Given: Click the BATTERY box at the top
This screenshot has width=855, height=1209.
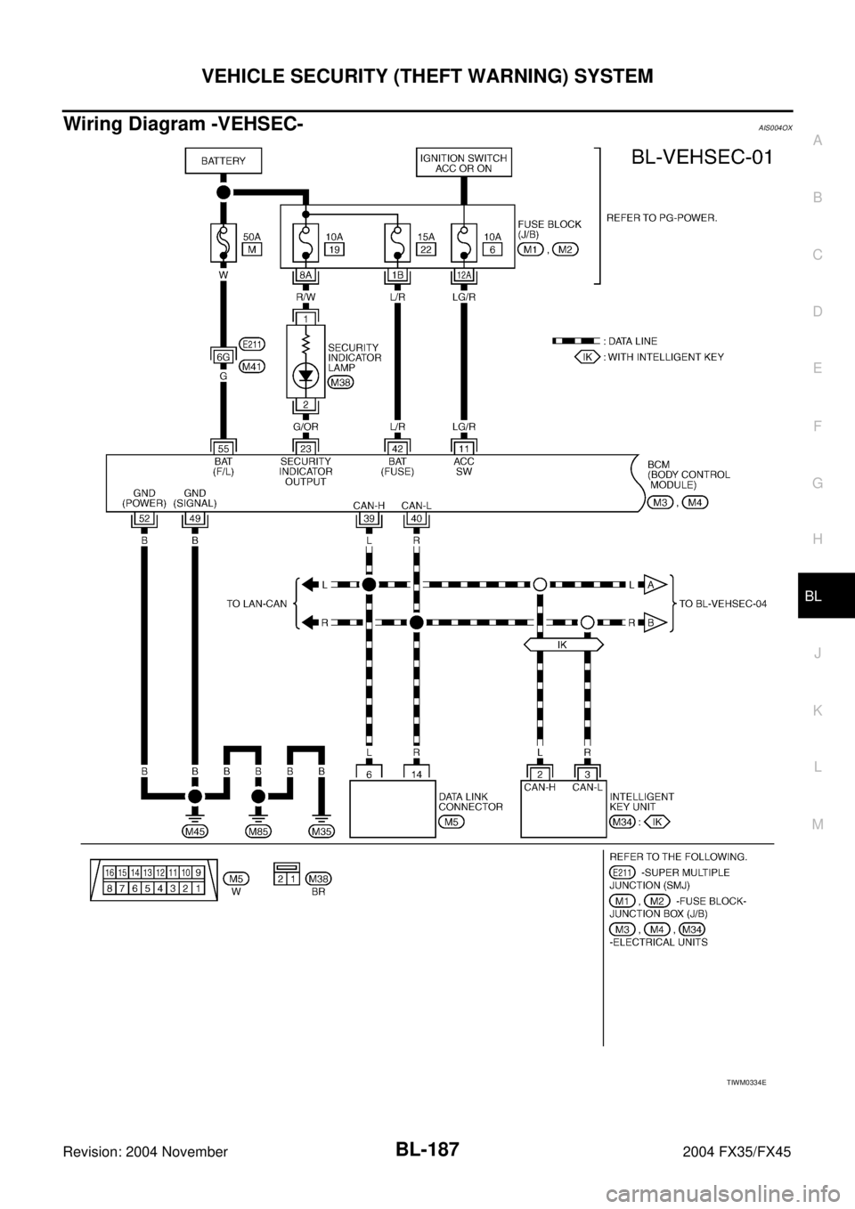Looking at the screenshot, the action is pyautogui.click(x=224, y=161).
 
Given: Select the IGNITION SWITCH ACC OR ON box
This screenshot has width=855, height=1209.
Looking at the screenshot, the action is pyautogui.click(x=464, y=162).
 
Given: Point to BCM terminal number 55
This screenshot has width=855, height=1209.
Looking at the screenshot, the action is pyautogui.click(x=223, y=448).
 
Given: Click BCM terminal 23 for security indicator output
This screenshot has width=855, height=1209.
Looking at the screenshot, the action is pyautogui.click(x=305, y=448).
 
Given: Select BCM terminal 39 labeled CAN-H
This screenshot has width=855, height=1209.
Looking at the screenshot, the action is pyautogui.click(x=369, y=519).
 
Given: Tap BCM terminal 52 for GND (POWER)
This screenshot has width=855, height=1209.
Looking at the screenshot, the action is pyautogui.click(x=144, y=519).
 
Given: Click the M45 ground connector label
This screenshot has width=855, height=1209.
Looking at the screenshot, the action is pyautogui.click(x=195, y=832).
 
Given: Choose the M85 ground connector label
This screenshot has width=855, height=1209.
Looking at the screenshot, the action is pyautogui.click(x=258, y=832).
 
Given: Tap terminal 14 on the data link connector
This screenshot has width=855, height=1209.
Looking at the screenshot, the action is pyautogui.click(x=417, y=775).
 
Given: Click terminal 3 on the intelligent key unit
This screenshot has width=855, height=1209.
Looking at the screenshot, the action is pyautogui.click(x=588, y=775).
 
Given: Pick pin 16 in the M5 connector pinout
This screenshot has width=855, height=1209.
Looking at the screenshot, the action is pyautogui.click(x=110, y=872).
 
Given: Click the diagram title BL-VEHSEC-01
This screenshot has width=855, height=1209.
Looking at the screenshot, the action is pyautogui.click(x=702, y=157).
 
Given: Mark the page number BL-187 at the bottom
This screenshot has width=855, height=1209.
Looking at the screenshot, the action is pyautogui.click(x=427, y=1148).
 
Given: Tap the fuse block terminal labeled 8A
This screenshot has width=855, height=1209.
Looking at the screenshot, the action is pyautogui.click(x=305, y=275).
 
